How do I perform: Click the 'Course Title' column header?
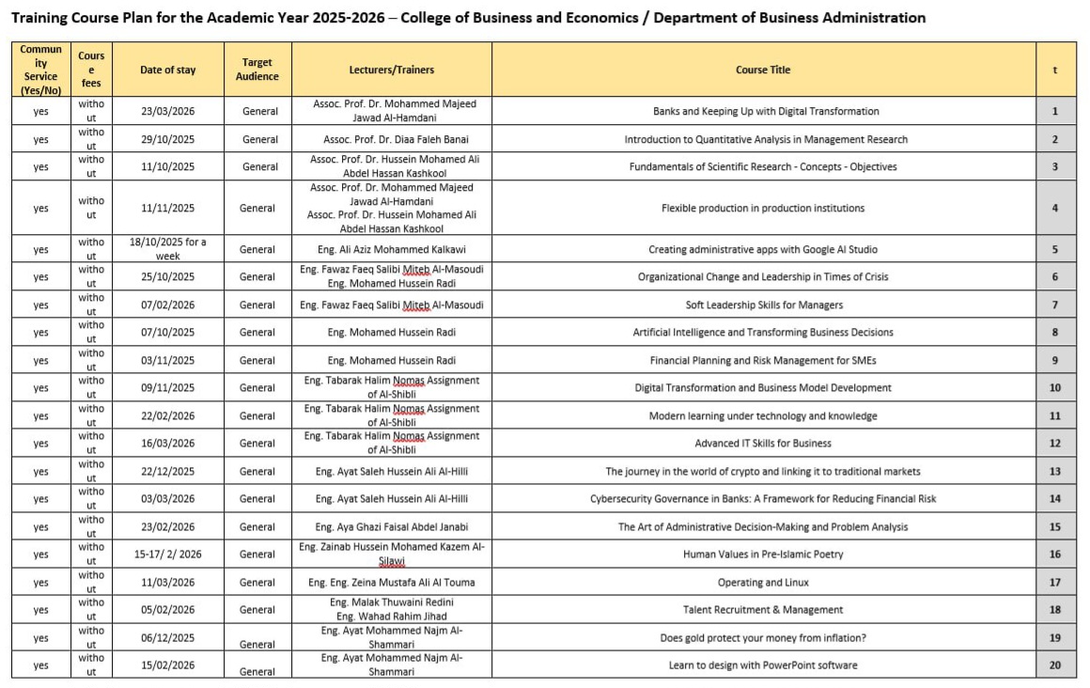(763, 70)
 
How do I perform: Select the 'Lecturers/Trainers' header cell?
(391, 70)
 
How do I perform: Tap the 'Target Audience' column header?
(257, 70)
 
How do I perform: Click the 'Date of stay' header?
(168, 70)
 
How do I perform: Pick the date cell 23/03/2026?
(168, 111)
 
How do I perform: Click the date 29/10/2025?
(168, 139)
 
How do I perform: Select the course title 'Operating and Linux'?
(763, 583)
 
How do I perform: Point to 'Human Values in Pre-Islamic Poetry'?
(763, 555)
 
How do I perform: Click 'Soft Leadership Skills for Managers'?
(763, 305)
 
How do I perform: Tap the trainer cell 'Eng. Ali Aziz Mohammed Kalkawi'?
(391, 249)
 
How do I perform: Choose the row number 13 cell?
(1055, 472)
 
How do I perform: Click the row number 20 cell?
(1055, 665)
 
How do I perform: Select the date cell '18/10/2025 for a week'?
(168, 249)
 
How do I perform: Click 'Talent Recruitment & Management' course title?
(763, 610)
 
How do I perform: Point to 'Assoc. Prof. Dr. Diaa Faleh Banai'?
(391, 139)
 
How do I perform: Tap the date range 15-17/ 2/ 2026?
(168, 555)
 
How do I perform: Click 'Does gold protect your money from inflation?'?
(763, 638)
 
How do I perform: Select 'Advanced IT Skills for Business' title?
(763, 444)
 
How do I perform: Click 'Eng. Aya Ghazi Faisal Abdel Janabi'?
(391, 527)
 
